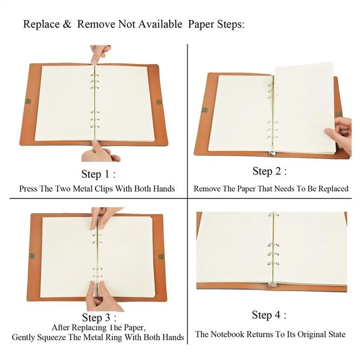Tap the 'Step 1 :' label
(x=99, y=174)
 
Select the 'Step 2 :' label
(x=269, y=171)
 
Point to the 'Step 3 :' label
(x=99, y=317)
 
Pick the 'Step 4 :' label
(x=269, y=315)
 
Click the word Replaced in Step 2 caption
(x=331, y=188)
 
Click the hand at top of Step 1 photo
(x=100, y=53)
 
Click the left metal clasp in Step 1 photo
(x=28, y=102)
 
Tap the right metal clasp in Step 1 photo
(x=159, y=102)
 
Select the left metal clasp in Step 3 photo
(x=31, y=255)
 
